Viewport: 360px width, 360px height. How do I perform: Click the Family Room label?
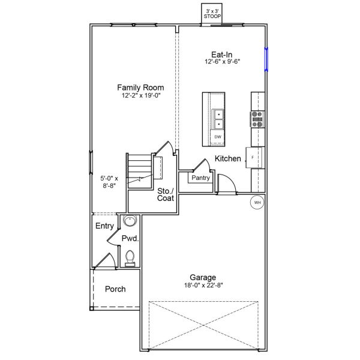(140, 87)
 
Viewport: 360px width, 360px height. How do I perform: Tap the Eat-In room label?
(220, 53)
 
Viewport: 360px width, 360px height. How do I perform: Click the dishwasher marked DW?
(218, 137)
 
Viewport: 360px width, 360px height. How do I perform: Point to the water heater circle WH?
(257, 203)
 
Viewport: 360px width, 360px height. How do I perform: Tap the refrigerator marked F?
(253, 157)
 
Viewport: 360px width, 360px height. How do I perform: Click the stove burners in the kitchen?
(257, 120)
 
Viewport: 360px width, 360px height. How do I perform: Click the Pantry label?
(199, 178)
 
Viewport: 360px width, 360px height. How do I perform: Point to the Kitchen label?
(228, 159)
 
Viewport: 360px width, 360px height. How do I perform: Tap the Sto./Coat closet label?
(166, 196)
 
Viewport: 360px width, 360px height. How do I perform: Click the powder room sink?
(129, 221)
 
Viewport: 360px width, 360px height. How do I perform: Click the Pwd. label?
(131, 239)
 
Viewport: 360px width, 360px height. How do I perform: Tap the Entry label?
(104, 226)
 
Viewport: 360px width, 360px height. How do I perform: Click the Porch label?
(115, 289)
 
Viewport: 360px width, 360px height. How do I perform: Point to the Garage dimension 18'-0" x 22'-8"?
(203, 286)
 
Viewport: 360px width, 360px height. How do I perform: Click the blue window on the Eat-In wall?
(266, 59)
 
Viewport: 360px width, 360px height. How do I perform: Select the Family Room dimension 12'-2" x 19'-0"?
(140, 95)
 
